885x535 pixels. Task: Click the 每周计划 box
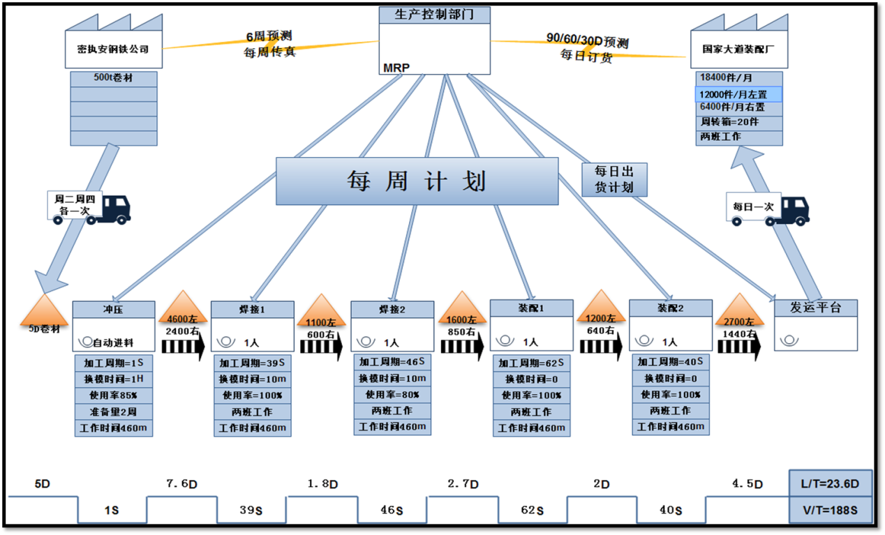417,181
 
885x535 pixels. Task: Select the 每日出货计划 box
614,179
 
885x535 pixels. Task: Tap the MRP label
396,68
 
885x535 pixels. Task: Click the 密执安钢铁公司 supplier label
113,49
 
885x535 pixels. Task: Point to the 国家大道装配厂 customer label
735,50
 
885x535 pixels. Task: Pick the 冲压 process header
113,308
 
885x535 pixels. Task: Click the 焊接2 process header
392,309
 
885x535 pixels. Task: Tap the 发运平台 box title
815,308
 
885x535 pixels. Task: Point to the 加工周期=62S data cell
531,363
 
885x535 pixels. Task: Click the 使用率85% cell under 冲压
113,395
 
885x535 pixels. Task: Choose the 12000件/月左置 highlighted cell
738,93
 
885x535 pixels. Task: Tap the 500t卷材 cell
113,78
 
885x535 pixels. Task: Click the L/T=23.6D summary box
830,483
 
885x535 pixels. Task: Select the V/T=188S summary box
830,509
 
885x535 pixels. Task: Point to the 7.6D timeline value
181,483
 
